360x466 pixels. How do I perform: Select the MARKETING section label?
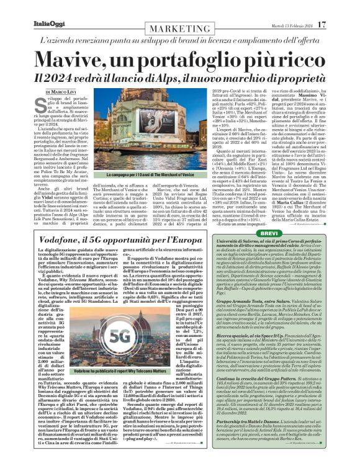[x=179, y=29]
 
